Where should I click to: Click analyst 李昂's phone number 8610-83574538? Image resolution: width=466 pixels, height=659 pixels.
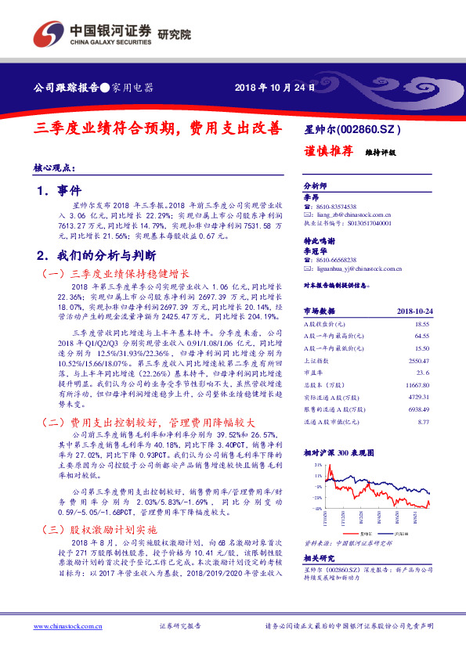point(338,207)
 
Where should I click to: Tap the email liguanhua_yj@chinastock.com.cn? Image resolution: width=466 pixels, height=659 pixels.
point(357,268)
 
